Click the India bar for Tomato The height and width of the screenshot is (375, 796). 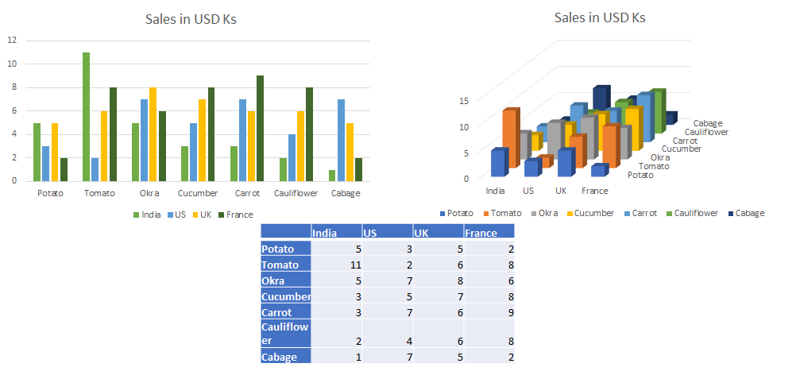coord(86,117)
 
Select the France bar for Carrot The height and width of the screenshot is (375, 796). coord(261,128)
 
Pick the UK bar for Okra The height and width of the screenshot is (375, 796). coord(153,134)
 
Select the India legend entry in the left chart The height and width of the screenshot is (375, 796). coord(146,215)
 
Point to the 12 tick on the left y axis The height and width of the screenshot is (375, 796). coord(12,40)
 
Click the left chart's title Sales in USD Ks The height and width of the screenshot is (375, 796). coord(191,20)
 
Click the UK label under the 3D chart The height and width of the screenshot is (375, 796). coord(561,191)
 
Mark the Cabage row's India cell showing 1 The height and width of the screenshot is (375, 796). coord(337,358)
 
